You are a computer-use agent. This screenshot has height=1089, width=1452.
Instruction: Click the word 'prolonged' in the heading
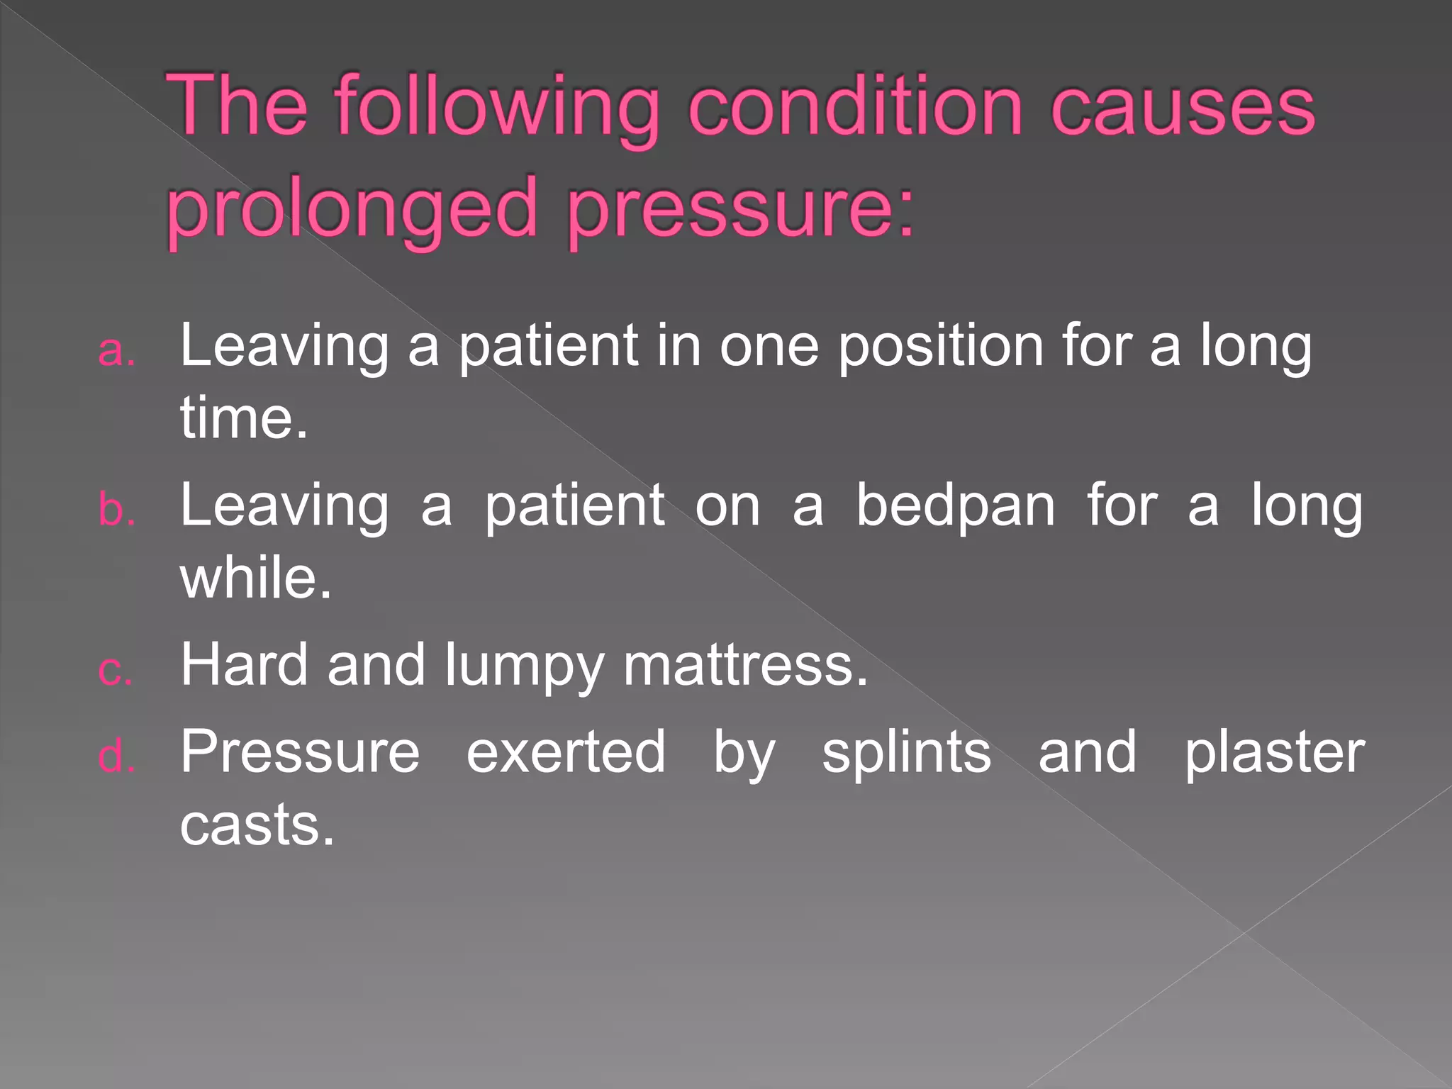[x=352, y=210]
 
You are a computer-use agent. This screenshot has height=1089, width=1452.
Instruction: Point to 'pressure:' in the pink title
[x=742, y=210]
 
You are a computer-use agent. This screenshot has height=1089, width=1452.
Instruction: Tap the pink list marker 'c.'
[x=116, y=670]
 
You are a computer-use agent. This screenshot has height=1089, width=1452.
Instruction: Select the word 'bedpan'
[x=955, y=506]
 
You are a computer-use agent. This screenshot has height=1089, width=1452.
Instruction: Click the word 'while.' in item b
[x=256, y=577]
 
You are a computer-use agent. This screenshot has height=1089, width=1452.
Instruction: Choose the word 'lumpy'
[x=524, y=666]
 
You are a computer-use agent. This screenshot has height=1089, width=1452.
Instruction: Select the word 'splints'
[x=906, y=753]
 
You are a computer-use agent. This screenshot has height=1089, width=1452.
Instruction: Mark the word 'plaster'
[x=1274, y=753]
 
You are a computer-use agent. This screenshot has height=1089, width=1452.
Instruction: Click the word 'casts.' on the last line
[x=257, y=824]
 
